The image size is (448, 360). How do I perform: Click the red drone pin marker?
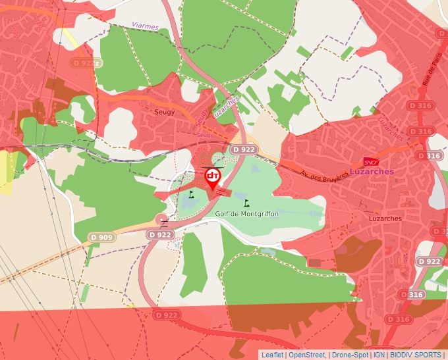(x=213, y=177)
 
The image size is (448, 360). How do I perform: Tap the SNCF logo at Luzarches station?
(x=370, y=161)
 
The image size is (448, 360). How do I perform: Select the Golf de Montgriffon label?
(x=247, y=214)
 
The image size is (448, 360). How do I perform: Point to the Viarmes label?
(x=145, y=26)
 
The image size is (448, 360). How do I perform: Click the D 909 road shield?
(x=101, y=236)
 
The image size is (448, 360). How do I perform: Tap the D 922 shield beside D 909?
(x=159, y=234)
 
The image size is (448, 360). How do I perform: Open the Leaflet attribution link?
(x=272, y=355)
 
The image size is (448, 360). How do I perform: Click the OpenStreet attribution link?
(x=307, y=355)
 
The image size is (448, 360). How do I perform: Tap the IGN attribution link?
(x=379, y=355)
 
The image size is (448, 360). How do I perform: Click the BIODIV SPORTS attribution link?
(x=416, y=355)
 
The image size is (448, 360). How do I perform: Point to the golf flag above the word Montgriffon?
(x=247, y=203)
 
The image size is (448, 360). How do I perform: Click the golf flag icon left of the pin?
(x=191, y=194)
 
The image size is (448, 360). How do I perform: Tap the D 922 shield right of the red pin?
(x=243, y=150)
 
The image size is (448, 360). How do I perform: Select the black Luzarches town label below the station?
(x=386, y=218)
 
